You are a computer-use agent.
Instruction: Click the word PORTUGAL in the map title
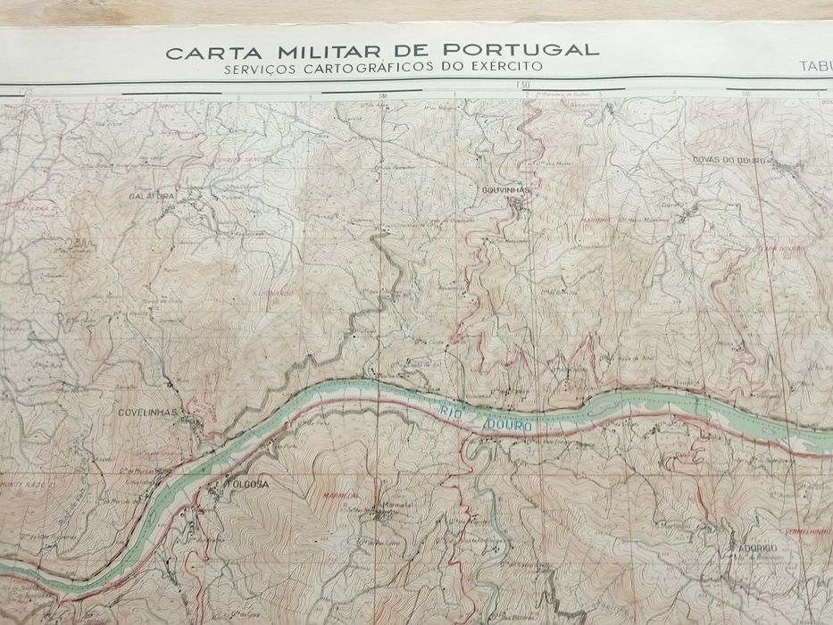tap(530, 50)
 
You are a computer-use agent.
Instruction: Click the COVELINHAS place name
tap(146, 412)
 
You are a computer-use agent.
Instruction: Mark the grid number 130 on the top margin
tap(523, 86)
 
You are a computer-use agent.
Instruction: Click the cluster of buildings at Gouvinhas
tap(518, 207)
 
